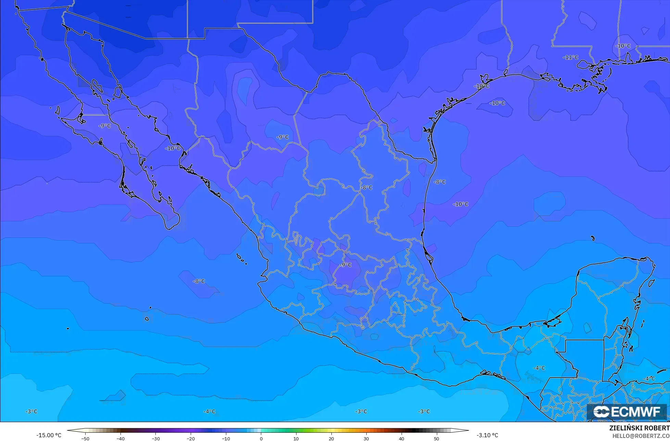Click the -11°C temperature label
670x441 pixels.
(x=570, y=58)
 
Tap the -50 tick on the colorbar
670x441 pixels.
(x=85, y=438)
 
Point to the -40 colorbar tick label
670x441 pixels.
(x=120, y=438)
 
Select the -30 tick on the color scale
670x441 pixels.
(x=155, y=438)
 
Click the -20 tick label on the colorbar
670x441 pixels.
(x=190, y=438)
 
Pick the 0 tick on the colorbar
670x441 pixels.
(x=261, y=438)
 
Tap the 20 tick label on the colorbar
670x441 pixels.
(x=331, y=438)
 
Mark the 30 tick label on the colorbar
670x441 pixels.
(x=366, y=438)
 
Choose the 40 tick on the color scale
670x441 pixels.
(x=401, y=438)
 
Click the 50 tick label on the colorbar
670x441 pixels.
(x=437, y=438)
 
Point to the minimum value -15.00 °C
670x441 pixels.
(x=49, y=435)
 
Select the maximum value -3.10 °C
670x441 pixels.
(x=487, y=435)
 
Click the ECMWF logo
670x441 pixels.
(x=627, y=412)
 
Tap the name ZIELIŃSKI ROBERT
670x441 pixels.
(x=639, y=428)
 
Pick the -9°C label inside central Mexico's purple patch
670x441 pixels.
(x=345, y=265)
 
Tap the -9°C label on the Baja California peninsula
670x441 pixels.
(x=105, y=126)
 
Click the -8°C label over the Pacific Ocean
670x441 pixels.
(x=199, y=281)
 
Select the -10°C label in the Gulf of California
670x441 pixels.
(x=173, y=148)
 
